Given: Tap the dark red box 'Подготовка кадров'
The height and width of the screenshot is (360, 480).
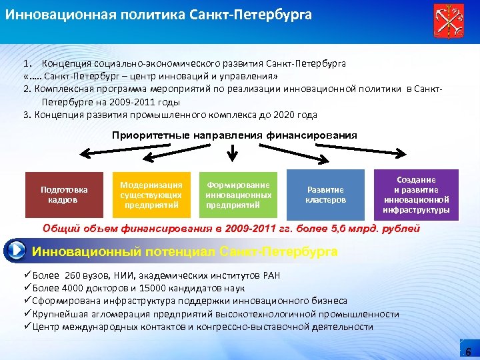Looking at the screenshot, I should coord(64,194).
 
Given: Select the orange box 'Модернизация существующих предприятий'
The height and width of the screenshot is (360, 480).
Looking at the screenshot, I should coord(151,194).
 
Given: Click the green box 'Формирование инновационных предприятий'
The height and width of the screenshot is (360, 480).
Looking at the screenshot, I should coord(239,194).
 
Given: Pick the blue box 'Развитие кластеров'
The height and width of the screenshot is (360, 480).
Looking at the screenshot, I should coord(326,194).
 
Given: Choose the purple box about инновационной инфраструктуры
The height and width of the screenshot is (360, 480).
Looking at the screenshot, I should coord(417,195).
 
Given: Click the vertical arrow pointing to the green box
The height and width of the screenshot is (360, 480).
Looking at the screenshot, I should coord(233,153).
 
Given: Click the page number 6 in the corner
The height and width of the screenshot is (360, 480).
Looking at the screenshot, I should coord(467,351).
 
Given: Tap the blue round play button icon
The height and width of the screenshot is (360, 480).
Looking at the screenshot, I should coord(14,251).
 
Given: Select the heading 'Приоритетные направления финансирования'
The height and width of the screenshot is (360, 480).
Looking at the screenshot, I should coord(234,135).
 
